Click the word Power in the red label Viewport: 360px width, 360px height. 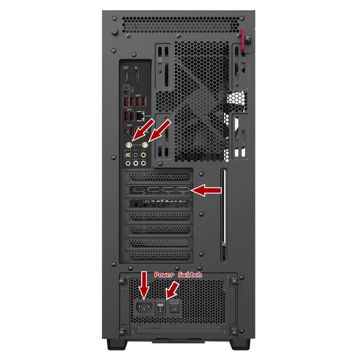pyautogui.click(x=163, y=274)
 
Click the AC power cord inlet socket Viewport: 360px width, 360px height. pyautogui.click(x=143, y=308)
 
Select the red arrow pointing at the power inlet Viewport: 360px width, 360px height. pyautogui.click(x=143, y=286)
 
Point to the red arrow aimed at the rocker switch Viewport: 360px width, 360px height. pyautogui.click(x=173, y=290)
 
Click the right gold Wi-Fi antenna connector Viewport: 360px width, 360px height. pyautogui.click(x=145, y=145)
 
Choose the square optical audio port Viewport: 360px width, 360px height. pyautogui.click(x=128, y=155)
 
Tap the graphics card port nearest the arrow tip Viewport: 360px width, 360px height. pyautogui.click(x=183, y=191)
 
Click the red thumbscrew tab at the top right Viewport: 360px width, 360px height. pyautogui.click(x=243, y=40)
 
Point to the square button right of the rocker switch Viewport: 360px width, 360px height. pyautogui.click(x=175, y=308)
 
